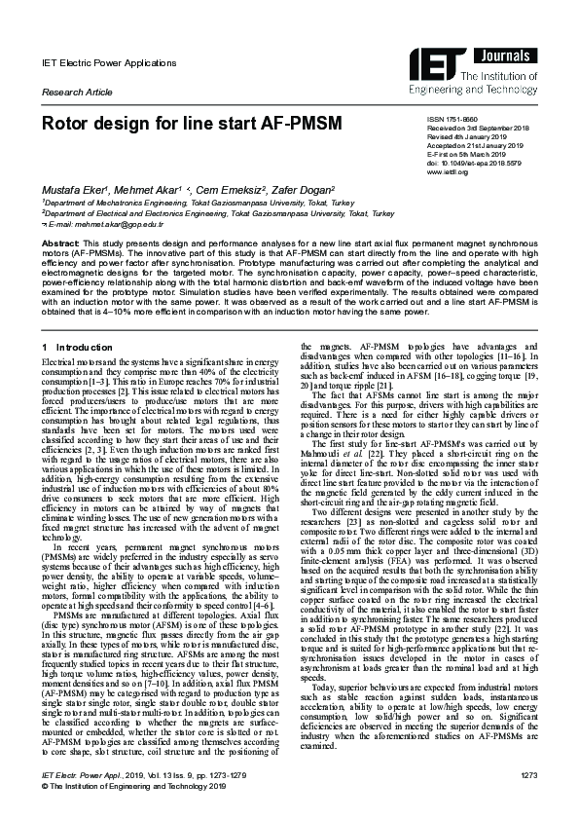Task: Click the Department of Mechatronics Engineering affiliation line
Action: click(184, 202)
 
